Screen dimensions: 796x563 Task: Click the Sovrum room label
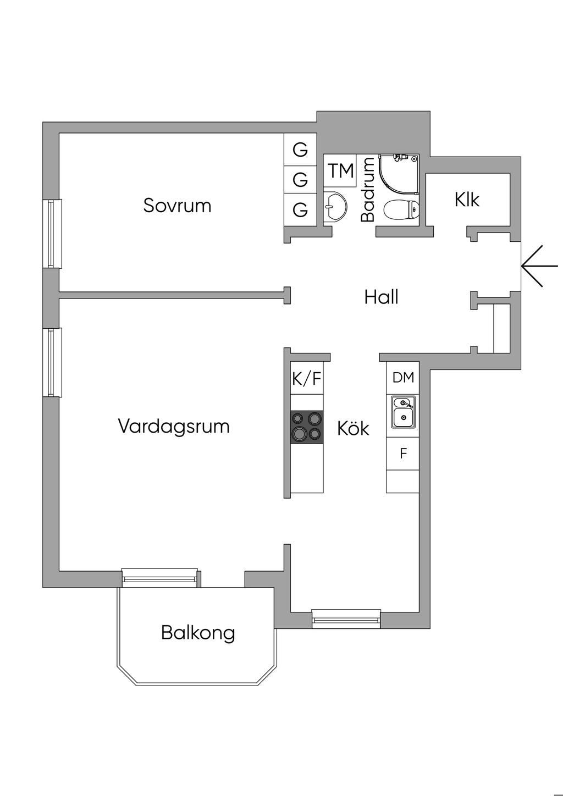click(177, 206)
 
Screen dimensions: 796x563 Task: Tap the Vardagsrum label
click(174, 427)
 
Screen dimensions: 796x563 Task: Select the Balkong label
click(198, 633)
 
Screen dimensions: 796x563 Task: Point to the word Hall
click(381, 297)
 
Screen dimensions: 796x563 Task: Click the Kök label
click(353, 428)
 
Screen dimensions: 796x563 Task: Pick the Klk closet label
click(467, 200)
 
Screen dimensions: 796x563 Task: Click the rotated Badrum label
click(367, 190)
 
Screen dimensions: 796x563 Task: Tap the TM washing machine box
click(341, 171)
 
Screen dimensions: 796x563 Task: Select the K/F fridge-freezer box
click(306, 378)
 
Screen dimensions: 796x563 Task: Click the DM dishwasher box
click(403, 378)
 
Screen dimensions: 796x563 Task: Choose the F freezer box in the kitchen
click(403, 454)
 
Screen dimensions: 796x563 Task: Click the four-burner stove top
click(306, 427)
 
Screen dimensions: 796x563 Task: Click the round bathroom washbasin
click(334, 206)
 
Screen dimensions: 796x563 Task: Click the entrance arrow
click(532, 266)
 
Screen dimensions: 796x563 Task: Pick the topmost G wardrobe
click(300, 150)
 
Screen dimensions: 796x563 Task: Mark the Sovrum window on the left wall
click(53, 234)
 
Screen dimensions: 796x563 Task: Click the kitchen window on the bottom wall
click(346, 618)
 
